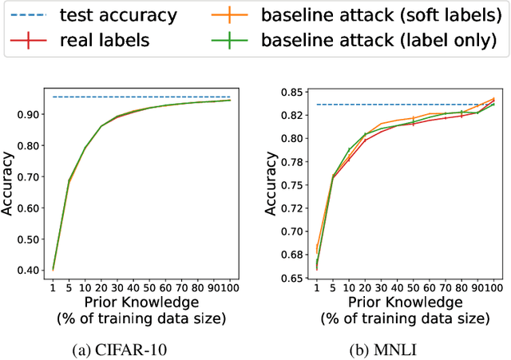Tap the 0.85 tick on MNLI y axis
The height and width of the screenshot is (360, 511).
(x=290, y=92)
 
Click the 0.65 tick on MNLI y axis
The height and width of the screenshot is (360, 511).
(x=290, y=278)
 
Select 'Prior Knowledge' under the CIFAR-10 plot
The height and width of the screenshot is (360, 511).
(x=140, y=303)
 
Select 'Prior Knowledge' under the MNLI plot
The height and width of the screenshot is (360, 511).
(x=403, y=303)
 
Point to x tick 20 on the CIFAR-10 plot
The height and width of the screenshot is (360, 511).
(x=101, y=288)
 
